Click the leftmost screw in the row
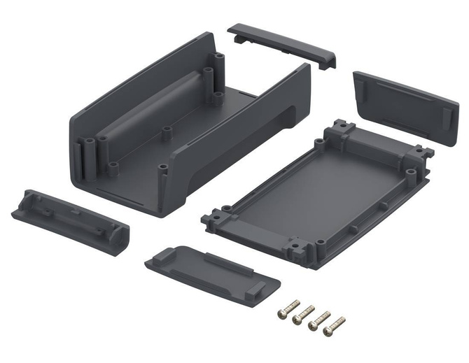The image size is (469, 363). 288,309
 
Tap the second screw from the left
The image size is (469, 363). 304,314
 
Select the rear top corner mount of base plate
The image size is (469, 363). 340,128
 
